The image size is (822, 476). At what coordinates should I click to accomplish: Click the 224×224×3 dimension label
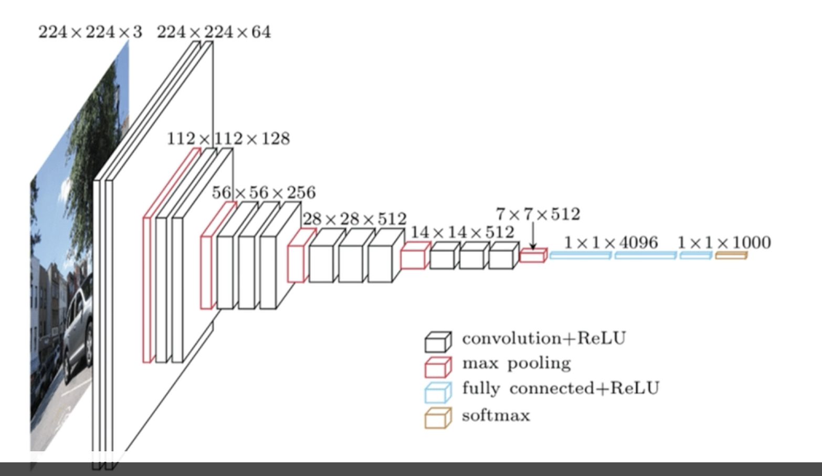[90, 32]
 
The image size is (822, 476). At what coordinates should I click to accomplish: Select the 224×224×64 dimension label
[214, 32]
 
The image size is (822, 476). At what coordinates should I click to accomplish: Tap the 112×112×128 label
[228, 139]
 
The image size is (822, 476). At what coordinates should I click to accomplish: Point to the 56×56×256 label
[264, 192]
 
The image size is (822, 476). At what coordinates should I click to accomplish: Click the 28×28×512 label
[354, 219]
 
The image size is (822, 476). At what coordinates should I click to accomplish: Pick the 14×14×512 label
[462, 232]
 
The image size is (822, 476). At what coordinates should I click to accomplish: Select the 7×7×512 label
[538, 214]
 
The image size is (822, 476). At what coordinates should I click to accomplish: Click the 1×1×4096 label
[611, 242]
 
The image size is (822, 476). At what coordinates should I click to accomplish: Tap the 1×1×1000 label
[724, 242]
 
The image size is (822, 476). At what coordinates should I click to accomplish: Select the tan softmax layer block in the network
[731, 255]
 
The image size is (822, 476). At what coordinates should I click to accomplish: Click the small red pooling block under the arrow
[533, 256]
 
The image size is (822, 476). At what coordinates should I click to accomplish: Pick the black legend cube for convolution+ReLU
[438, 342]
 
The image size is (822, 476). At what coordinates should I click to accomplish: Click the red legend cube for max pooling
[438, 367]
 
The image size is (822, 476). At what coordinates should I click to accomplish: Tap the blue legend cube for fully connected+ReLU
[438, 392]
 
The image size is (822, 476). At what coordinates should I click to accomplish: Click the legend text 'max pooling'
[517, 364]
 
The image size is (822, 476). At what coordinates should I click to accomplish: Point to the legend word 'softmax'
[496, 415]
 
